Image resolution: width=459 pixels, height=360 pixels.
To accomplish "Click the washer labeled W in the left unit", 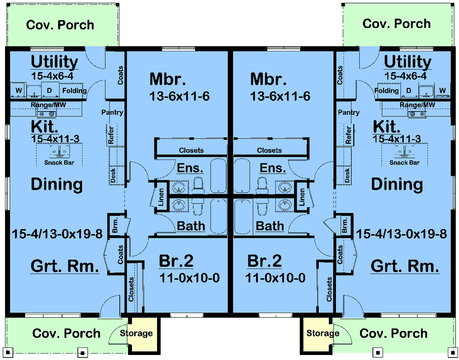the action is [18, 90].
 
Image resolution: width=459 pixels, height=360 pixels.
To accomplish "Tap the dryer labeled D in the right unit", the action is [409, 91].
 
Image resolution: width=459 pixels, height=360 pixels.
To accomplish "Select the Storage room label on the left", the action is [136, 333].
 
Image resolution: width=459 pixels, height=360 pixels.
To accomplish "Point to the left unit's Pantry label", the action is [112, 112].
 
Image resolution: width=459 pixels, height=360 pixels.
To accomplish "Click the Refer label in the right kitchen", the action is [348, 135].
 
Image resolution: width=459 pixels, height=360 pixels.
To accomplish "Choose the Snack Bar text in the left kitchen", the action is [59, 163].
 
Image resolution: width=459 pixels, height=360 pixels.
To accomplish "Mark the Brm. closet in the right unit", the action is [345, 225].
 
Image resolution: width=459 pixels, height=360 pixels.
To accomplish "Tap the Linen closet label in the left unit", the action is [161, 197].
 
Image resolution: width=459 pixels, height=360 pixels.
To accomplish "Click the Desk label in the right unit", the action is [347, 175].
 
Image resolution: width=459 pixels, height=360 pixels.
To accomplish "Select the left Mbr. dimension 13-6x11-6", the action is [179, 96].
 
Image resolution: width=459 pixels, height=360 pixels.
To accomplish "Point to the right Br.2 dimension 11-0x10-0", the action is [275, 278].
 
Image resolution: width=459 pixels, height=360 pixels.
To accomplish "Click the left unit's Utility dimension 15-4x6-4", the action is [52, 76].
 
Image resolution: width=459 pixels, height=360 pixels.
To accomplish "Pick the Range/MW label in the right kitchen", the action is [417, 105].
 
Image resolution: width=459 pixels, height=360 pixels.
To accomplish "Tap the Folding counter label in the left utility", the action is [74, 91].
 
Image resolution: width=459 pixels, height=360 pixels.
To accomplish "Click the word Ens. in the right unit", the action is [273, 168].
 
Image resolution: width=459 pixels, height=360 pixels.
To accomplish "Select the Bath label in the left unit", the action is [191, 226].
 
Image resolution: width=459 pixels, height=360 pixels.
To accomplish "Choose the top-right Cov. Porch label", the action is [397, 24].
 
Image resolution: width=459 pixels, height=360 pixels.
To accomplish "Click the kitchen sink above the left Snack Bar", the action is [60, 151].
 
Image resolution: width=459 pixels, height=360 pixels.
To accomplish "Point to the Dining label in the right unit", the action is [397, 184].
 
